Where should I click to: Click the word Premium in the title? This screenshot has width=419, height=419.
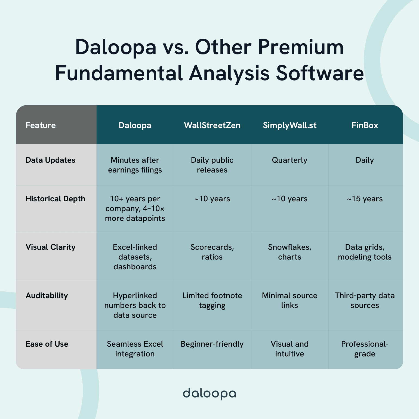tap(301, 47)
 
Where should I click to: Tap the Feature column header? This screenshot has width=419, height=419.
tap(41, 125)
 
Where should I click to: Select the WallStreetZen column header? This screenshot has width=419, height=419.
tap(212, 125)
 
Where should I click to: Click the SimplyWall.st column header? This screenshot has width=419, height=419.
tap(289, 125)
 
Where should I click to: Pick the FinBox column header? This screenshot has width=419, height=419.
tap(365, 125)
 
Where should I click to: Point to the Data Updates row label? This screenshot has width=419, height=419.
tap(50, 160)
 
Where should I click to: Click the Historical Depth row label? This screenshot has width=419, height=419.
tap(55, 199)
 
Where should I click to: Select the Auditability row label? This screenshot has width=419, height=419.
tap(47, 295)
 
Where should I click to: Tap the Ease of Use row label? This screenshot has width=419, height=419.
tap(47, 344)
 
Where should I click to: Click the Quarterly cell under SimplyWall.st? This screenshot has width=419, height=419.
tap(289, 160)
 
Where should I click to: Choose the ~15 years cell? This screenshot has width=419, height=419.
tap(365, 199)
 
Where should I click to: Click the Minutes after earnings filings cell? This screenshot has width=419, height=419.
tap(135, 165)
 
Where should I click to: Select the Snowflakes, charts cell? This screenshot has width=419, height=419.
tap(289, 252)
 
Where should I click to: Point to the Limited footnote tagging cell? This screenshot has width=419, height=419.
tap(212, 300)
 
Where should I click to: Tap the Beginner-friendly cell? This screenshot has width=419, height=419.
tap(212, 344)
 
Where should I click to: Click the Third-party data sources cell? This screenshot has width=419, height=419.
tap(365, 300)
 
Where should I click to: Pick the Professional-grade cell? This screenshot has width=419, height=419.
tap(365, 349)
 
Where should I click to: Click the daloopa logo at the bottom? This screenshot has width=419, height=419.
tap(209, 393)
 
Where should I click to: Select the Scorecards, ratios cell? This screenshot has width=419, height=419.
tap(212, 252)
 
